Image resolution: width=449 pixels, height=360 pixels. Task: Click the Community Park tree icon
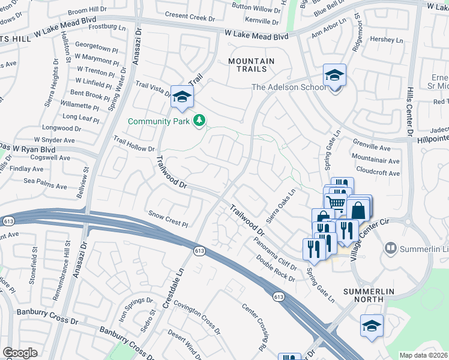pyautogui.click(x=200, y=121)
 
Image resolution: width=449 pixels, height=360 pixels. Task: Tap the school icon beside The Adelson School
pyautogui.click(x=334, y=76)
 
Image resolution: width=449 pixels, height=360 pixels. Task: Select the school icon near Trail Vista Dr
pyautogui.click(x=182, y=96)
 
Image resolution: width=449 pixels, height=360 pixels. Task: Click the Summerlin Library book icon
pyautogui.click(x=391, y=248)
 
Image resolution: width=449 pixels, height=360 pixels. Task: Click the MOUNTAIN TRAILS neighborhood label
pyautogui.click(x=252, y=65)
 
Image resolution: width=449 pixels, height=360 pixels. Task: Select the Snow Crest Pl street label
pyautogui.click(x=169, y=219)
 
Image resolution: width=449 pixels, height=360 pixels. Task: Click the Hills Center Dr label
pyautogui.click(x=411, y=114)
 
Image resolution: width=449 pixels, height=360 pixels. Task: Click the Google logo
pyautogui.click(x=20, y=353)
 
